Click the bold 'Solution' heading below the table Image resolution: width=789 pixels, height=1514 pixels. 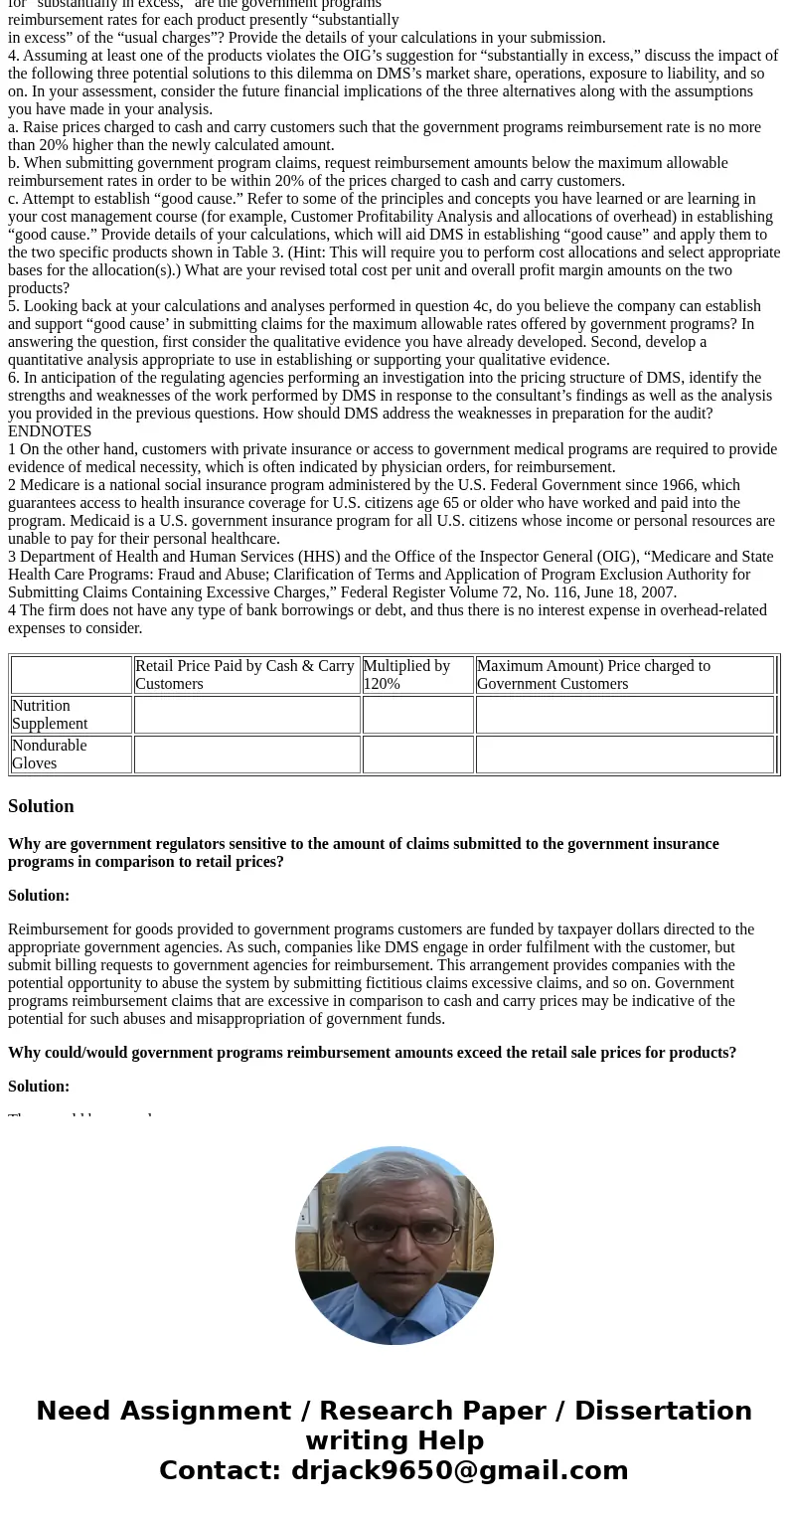tap(41, 806)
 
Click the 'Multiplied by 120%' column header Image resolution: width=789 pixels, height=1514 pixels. tap(406, 675)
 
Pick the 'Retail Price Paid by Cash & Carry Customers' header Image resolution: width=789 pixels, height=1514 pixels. tap(244, 675)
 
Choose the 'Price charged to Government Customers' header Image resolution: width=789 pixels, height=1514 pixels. tap(593, 675)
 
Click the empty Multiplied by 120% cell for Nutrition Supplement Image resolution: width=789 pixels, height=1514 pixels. tap(417, 715)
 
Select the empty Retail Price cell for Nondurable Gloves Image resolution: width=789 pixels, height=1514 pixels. tap(246, 755)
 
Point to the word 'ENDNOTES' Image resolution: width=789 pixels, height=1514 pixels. tap(50, 431)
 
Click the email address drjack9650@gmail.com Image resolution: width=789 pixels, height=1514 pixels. tap(459, 1471)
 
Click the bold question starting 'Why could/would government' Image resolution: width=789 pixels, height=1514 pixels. tap(372, 1053)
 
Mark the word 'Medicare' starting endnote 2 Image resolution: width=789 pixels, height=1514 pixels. tap(50, 485)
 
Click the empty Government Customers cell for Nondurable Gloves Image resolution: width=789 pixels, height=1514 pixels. tap(624, 755)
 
